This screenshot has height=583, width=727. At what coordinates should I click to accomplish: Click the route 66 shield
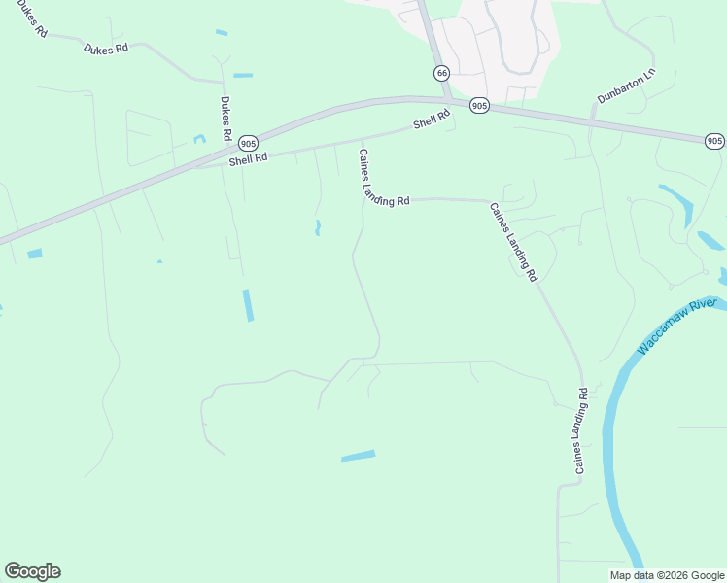[442, 73]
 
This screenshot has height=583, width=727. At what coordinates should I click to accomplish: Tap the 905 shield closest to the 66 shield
[478, 105]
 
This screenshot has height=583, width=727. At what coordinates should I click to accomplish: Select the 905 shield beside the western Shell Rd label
[248, 141]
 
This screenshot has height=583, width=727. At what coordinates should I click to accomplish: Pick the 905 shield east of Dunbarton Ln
[714, 141]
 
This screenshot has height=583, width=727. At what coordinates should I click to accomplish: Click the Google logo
[32, 571]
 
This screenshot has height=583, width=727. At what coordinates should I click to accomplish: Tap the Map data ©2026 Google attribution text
[667, 575]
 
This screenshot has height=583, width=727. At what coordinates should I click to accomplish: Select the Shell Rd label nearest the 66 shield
[433, 120]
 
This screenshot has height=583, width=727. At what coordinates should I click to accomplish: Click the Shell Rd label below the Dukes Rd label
[248, 158]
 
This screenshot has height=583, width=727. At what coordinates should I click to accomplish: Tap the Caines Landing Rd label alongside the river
[581, 431]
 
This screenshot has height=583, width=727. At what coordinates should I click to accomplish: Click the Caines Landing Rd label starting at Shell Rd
[383, 180]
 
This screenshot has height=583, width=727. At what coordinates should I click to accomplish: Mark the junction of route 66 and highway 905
[446, 99]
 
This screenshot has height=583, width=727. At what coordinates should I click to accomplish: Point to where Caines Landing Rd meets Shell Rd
[363, 137]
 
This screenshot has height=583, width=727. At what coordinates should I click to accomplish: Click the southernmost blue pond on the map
[358, 455]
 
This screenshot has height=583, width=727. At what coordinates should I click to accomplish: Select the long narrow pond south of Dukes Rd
[248, 305]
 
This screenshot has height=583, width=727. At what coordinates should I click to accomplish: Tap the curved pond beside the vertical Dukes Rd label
[199, 140]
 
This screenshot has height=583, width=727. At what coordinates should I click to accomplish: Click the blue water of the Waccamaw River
[609, 437]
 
